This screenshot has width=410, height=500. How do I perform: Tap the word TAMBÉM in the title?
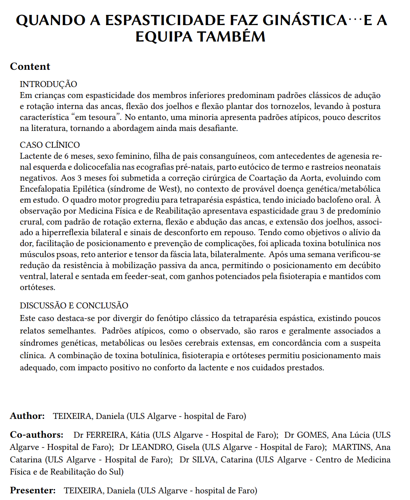click(231, 37)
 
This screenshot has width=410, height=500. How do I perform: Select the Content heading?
click(30, 67)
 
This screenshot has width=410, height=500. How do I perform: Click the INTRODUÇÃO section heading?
click(49, 84)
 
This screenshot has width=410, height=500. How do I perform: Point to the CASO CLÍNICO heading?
click(50, 145)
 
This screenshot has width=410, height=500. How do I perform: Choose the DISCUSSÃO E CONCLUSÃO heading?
click(74, 306)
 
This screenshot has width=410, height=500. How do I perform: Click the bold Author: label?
click(27, 416)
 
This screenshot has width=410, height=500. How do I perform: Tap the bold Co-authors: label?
click(37, 435)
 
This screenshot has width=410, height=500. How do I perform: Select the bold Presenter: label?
click(33, 490)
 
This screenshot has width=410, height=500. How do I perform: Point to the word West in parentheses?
click(168, 189)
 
